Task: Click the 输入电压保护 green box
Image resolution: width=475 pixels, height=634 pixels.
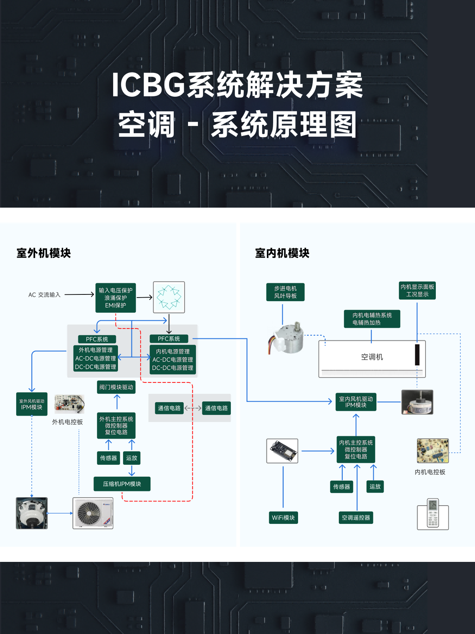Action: (116, 298)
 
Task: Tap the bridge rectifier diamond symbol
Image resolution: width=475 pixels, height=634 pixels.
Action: (169, 297)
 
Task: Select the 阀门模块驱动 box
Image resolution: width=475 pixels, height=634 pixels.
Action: (116, 387)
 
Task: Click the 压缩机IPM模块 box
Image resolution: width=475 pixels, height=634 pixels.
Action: (122, 484)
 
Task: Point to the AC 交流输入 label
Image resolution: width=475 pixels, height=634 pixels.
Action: (44, 295)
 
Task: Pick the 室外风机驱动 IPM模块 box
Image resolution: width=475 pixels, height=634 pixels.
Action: (32, 404)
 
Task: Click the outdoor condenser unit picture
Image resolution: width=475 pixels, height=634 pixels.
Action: (93, 513)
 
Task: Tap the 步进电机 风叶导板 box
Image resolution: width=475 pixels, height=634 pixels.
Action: (285, 292)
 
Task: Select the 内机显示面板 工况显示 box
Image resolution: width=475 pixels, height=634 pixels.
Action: (417, 290)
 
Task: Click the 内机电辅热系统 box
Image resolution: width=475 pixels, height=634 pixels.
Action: (372, 319)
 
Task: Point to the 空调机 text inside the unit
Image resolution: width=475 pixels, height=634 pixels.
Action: (372, 357)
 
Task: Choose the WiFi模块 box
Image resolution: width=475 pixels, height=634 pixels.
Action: (283, 518)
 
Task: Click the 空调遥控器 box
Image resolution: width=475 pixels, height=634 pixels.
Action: (356, 518)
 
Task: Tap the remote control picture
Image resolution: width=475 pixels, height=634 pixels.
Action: (433, 514)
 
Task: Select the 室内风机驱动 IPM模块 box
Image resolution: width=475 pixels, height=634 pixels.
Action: (356, 402)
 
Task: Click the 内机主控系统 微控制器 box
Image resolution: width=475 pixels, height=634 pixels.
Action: (356, 449)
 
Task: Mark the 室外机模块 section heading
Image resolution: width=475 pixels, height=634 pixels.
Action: (44, 253)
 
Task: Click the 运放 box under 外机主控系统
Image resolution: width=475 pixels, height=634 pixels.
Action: (131, 458)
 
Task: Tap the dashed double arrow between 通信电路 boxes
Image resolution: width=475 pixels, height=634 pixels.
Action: (193, 408)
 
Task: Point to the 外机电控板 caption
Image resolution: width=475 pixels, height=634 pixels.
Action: (68, 422)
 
